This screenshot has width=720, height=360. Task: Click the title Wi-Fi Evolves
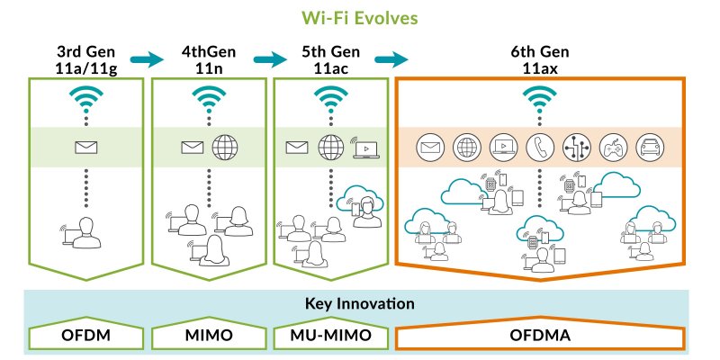point(359,17)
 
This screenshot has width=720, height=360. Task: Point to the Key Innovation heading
point(359,304)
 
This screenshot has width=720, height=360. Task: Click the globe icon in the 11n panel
point(225,146)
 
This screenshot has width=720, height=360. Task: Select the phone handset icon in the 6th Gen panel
point(539,146)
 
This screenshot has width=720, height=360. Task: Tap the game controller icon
point(611,146)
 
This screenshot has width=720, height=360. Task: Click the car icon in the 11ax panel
point(647,146)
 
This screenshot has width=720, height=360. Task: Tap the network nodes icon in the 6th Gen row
point(575,146)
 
